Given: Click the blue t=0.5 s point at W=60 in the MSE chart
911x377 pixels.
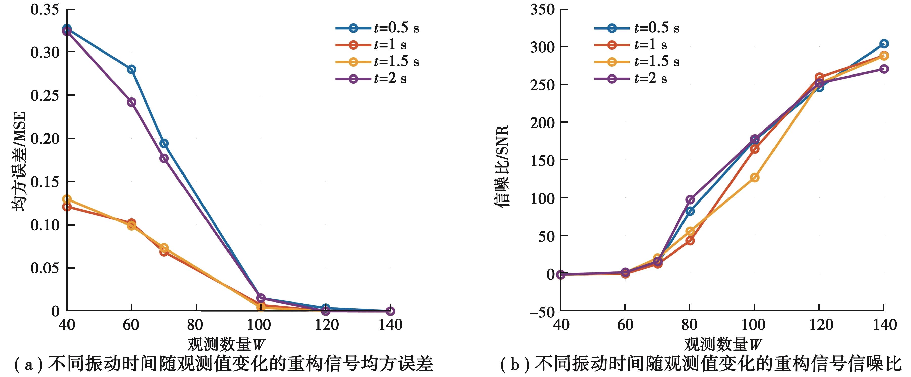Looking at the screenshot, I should coord(131,69).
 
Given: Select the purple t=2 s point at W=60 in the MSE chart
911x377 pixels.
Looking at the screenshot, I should coord(131,102).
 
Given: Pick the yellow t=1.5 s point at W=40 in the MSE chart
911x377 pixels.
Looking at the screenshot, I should coord(67,199).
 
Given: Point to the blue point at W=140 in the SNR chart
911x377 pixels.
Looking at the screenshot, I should coord(884,44).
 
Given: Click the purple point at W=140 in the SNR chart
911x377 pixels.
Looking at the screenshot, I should coord(884,69).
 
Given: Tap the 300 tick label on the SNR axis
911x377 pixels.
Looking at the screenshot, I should coord(542,47).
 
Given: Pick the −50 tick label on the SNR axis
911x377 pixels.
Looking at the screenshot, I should coord(542,312).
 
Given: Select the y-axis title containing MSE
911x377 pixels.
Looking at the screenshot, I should coord(19,161).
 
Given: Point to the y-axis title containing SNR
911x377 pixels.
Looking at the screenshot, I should coord(501,165).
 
